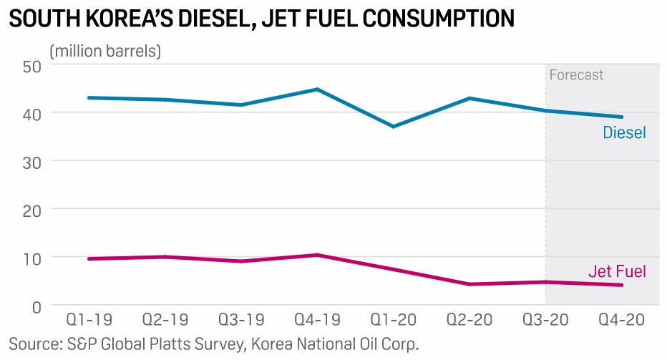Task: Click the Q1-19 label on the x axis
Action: [x=89, y=319]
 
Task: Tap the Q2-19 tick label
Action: [x=165, y=319]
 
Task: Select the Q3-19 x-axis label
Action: [x=241, y=319]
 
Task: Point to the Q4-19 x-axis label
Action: [x=317, y=319]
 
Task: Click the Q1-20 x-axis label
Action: [x=393, y=319]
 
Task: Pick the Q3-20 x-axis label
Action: [x=545, y=319]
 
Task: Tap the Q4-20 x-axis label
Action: [x=621, y=319]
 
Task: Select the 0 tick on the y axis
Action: [x=36, y=306]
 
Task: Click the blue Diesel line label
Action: [x=624, y=133]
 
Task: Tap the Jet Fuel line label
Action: [x=617, y=271]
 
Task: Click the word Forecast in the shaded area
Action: [x=576, y=75]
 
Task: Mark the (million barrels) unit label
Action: [x=105, y=51]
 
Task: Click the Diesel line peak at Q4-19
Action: [x=317, y=89]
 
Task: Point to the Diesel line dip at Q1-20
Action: [x=393, y=127]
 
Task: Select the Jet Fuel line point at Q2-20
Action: [x=469, y=284]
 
